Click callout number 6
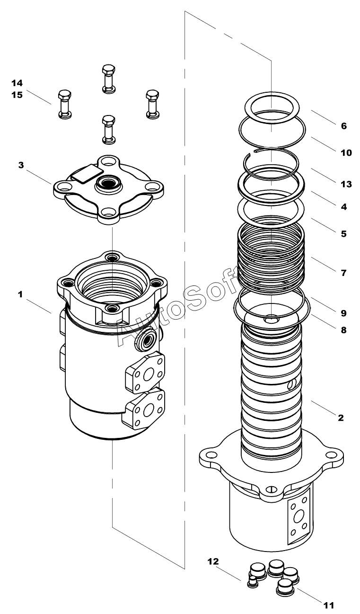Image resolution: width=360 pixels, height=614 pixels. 344,126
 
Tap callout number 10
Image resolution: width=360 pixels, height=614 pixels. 346,152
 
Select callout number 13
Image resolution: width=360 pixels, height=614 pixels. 346,184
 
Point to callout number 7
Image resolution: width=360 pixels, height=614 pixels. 344,273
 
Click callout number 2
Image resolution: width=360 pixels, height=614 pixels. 341,418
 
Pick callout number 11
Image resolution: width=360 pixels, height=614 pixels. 329,605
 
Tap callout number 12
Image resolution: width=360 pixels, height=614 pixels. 213,561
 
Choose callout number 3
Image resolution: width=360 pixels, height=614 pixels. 21,165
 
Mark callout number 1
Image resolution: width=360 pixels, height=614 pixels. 20,294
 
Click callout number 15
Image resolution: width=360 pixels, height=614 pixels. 17,95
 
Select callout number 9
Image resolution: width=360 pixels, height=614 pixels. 344,313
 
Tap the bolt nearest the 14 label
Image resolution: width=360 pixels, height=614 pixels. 64,104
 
